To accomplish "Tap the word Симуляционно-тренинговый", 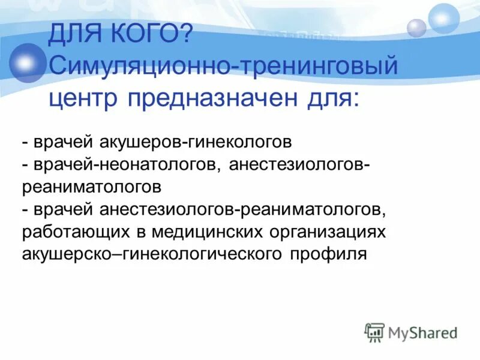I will click(x=223, y=64).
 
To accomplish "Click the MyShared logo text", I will click(x=422, y=332).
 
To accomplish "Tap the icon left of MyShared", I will click(x=374, y=332).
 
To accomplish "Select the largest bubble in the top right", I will click(x=445, y=18).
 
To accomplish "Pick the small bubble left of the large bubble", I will click(x=416, y=28).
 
